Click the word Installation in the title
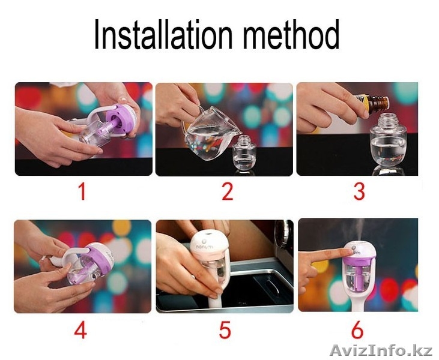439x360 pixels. [x=163, y=35]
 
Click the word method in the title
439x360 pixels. [x=291, y=35]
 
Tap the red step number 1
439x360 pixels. [x=81, y=191]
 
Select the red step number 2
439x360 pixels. [x=228, y=191]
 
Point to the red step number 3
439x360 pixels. [x=359, y=191]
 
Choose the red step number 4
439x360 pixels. [x=80, y=329]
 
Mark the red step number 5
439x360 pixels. [x=225, y=329]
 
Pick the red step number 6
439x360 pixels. [x=357, y=329]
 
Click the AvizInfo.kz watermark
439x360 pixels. [x=381, y=350]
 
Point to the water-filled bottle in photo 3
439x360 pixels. [x=387, y=143]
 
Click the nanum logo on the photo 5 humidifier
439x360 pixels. [x=204, y=247]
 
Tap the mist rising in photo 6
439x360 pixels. [x=359, y=229]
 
